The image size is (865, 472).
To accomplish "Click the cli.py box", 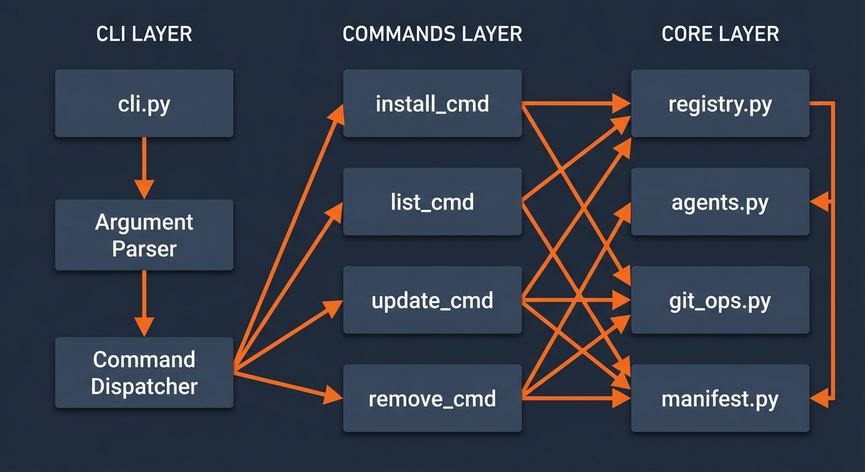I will [144, 103].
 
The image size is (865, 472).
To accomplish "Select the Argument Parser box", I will [144, 235].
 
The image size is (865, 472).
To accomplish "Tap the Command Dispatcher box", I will [144, 372].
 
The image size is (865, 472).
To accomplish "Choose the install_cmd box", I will [432, 103].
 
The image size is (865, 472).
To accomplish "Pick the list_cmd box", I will [432, 202].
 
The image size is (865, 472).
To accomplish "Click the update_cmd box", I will [432, 300].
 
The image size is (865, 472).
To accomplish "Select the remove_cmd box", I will [432, 398].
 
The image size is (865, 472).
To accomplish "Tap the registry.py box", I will [720, 103].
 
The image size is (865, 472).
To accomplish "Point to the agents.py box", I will [720, 202].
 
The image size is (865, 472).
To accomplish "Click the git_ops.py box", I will [720, 300].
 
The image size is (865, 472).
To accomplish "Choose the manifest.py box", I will [720, 398].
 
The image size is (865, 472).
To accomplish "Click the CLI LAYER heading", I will [144, 34].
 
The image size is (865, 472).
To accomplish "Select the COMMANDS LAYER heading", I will [432, 34].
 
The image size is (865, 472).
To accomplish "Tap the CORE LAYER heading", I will [720, 34].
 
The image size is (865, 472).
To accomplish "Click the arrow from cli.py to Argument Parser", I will [144, 166].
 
